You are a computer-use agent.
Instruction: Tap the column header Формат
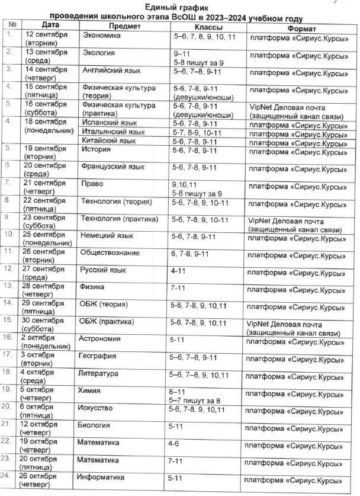300,29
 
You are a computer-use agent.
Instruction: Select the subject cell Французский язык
112,168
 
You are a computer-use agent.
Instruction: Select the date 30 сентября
44,321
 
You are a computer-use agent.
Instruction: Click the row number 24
7,476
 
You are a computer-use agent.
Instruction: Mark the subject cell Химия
89,391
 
